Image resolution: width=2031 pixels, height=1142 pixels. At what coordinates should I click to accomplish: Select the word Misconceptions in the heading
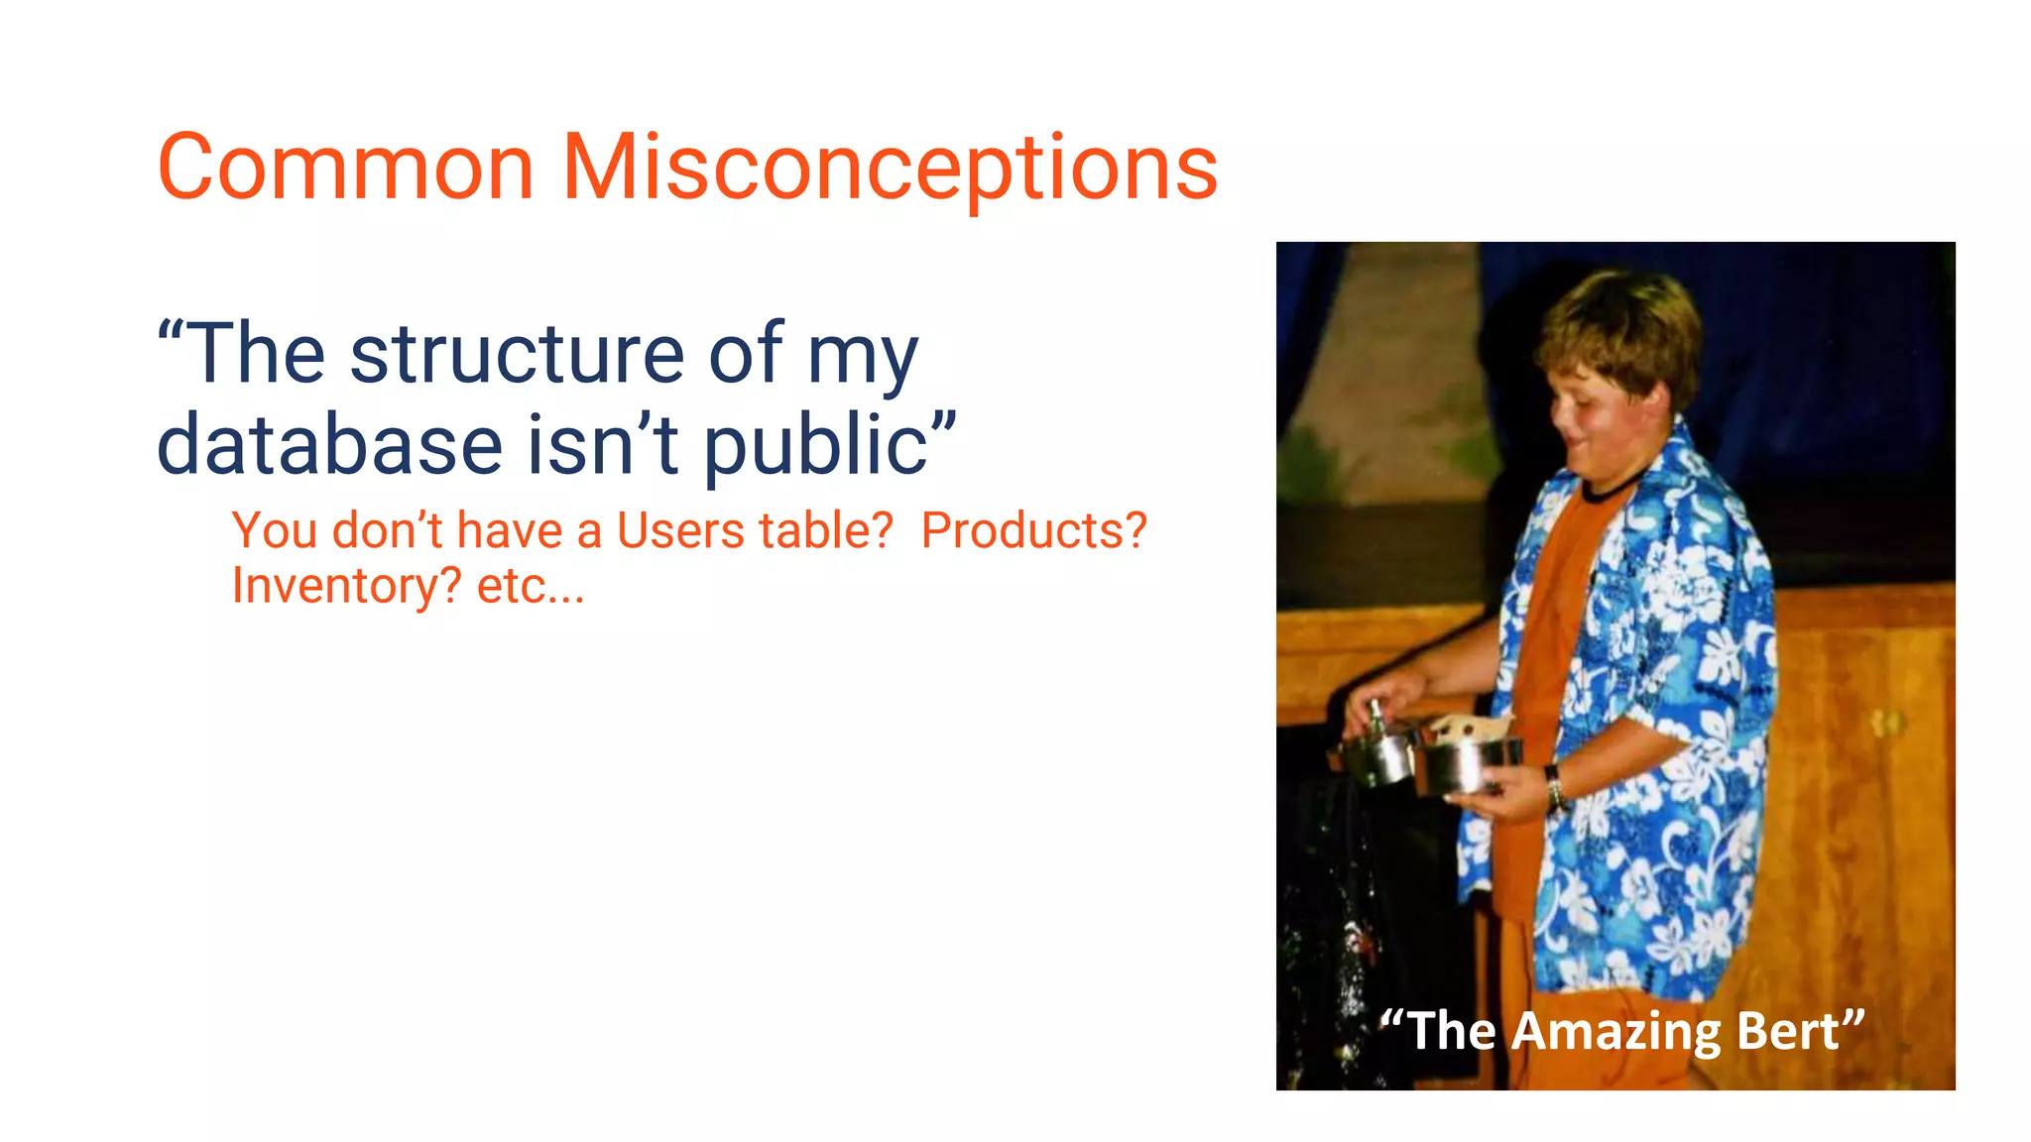[890, 169]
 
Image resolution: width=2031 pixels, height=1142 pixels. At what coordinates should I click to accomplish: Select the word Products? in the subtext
[1033, 530]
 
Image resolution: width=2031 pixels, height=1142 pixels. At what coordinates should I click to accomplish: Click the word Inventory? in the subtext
[346, 586]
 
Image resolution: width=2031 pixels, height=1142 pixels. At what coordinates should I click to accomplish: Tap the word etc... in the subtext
[531, 586]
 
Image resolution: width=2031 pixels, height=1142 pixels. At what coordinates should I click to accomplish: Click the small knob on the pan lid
[1376, 710]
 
